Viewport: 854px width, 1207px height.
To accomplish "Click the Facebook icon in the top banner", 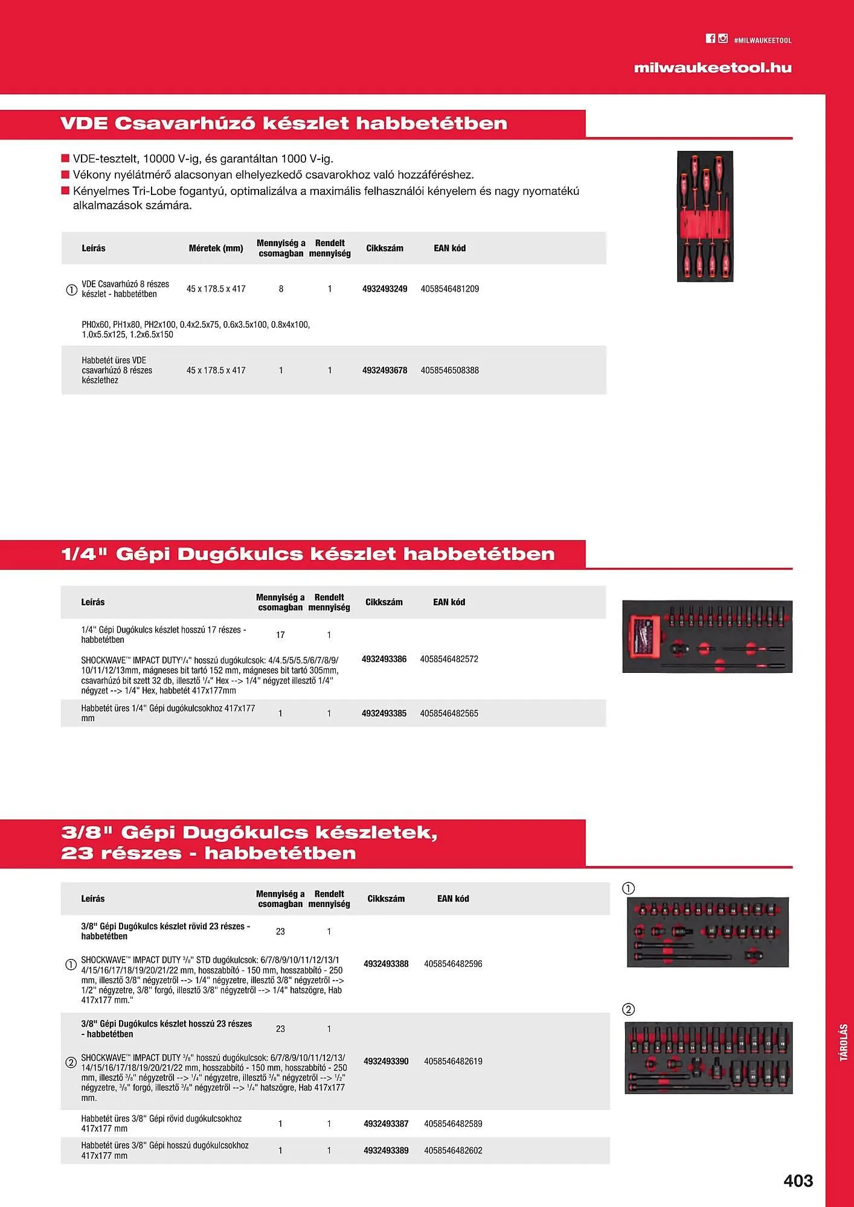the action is (x=710, y=39).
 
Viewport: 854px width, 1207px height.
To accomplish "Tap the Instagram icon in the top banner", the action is (x=723, y=39).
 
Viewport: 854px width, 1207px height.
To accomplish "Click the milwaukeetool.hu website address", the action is (x=713, y=68).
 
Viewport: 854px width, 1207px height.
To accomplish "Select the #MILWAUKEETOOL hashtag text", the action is (x=763, y=40).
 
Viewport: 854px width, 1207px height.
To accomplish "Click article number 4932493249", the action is (x=385, y=289).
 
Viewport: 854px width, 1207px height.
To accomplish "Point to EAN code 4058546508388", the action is (x=450, y=371).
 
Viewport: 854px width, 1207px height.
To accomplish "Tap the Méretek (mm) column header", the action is (x=216, y=248).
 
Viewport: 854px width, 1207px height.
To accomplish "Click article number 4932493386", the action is (x=384, y=659).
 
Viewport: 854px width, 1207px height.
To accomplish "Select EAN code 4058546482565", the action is (x=449, y=713).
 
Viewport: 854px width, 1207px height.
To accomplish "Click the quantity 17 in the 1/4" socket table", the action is (x=280, y=635).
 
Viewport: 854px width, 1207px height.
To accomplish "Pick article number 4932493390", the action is (x=386, y=1062).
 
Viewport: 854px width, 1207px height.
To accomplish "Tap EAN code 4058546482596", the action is (x=453, y=964).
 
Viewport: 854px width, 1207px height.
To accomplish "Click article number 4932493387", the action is (x=386, y=1124).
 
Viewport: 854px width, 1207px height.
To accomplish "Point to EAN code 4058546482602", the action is (x=453, y=1150).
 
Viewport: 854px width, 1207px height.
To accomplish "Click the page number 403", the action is (x=798, y=1180).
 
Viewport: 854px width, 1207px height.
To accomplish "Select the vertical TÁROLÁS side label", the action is (x=844, y=1042).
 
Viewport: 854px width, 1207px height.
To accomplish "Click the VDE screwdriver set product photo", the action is (x=705, y=216).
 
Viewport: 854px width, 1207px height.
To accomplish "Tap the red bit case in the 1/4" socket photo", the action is (x=644, y=637).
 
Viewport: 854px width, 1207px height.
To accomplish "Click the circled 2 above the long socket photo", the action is (x=629, y=1010).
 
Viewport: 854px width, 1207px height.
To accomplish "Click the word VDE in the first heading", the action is (x=84, y=124).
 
